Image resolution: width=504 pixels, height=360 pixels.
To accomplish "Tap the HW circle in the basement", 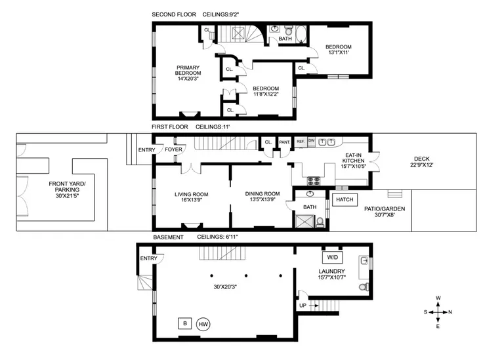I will [203, 324].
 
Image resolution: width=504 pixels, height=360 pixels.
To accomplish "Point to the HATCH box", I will [343, 199].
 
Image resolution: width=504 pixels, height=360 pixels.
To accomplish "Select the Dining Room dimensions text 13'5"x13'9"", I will [262, 200].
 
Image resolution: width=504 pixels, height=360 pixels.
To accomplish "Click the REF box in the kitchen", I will [300, 141].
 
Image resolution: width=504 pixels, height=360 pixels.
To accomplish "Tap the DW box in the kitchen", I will [311, 141].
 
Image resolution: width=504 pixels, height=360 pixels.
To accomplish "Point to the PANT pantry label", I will [284, 142].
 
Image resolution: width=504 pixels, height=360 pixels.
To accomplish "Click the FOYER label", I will [173, 150].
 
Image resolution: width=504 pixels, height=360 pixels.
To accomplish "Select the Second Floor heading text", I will [173, 14].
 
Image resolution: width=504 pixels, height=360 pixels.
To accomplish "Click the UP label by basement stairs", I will [303, 305].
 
